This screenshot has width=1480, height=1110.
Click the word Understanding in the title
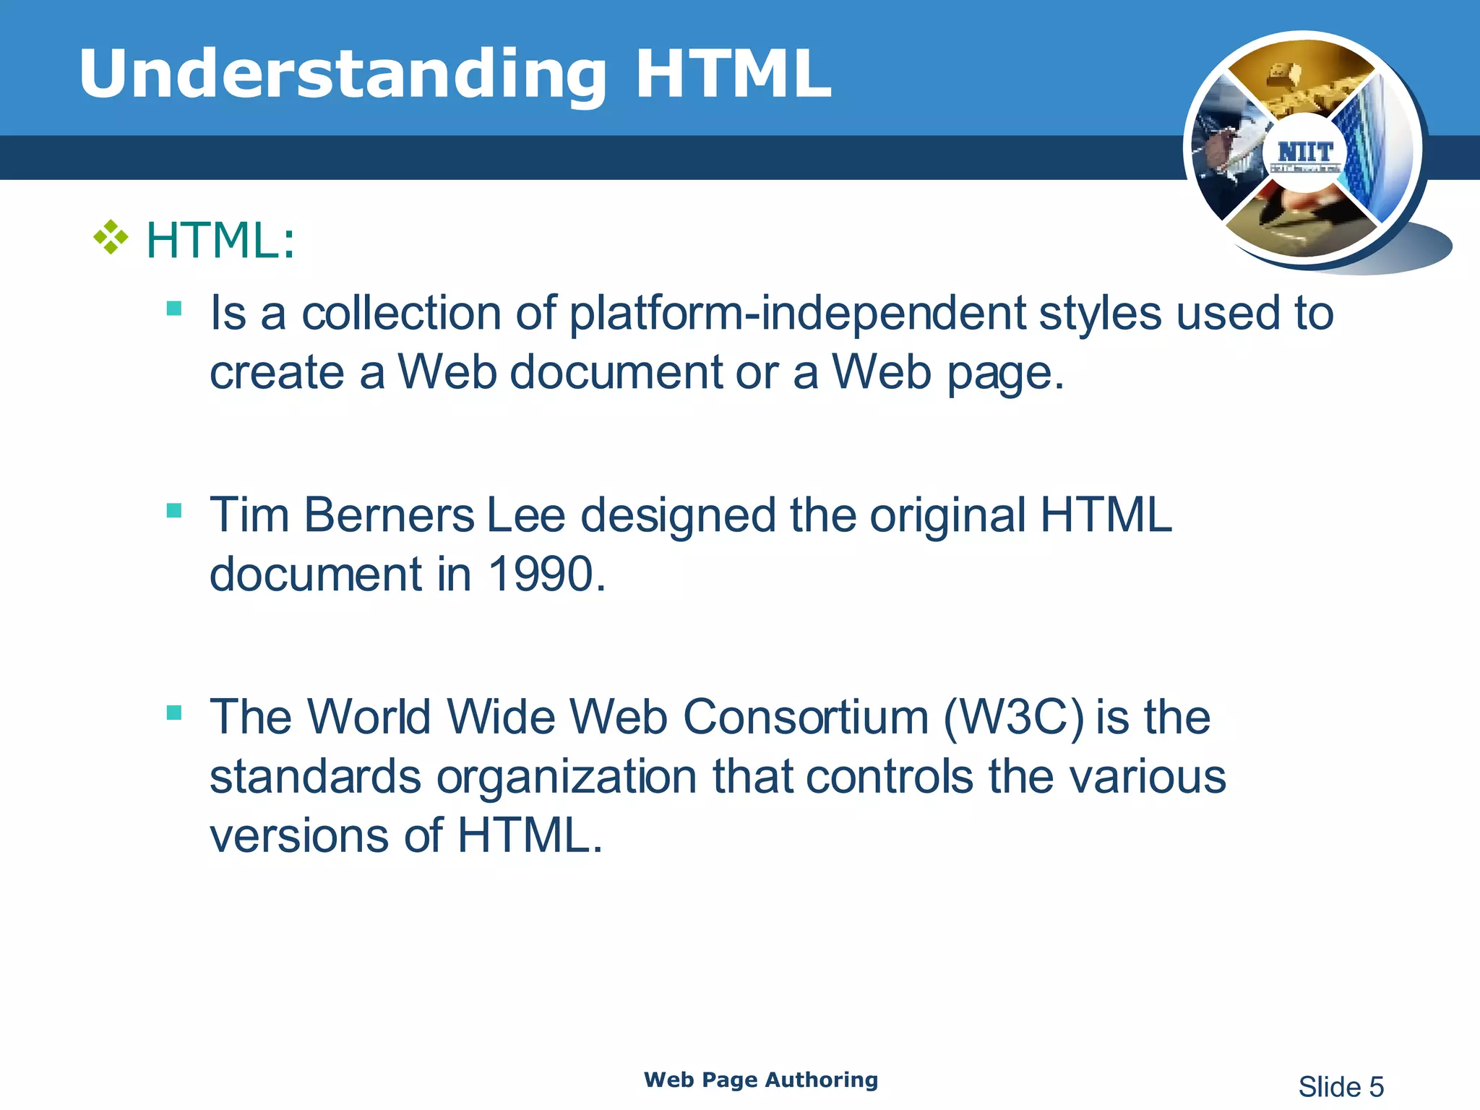(x=343, y=74)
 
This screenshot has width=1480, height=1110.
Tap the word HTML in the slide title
(x=733, y=74)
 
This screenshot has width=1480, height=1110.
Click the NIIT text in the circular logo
(x=1305, y=152)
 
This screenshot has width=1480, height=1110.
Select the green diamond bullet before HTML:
(x=111, y=238)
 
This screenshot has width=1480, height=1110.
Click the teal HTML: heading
(x=220, y=240)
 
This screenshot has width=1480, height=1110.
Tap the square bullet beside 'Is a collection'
(x=173, y=309)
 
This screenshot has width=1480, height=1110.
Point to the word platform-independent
(x=797, y=315)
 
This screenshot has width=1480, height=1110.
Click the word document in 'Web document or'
(x=616, y=373)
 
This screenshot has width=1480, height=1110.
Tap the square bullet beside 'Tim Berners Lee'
(x=173, y=511)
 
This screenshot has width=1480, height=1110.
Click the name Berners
(x=389, y=516)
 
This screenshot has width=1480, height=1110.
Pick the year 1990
(x=547, y=575)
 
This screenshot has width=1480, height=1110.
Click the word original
(x=947, y=516)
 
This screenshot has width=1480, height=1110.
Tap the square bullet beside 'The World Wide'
(x=173, y=713)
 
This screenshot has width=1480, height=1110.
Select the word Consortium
(x=806, y=718)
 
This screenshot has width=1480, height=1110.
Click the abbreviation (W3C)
(x=1013, y=718)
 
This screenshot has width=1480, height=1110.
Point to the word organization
(x=567, y=778)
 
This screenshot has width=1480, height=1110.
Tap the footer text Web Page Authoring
(x=760, y=1080)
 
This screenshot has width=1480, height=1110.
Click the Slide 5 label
(x=1341, y=1087)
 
